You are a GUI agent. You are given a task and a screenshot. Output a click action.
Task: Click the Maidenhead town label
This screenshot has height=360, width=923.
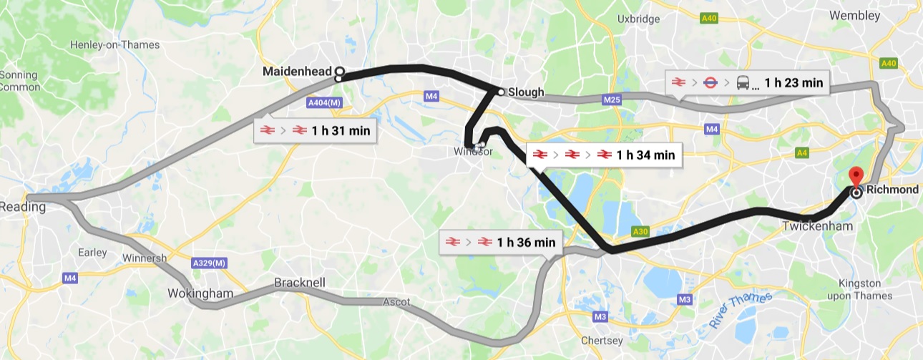(297, 72)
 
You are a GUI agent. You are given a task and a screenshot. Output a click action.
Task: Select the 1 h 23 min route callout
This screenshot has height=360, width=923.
(747, 82)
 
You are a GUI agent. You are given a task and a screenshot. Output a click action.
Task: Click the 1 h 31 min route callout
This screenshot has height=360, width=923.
(315, 130)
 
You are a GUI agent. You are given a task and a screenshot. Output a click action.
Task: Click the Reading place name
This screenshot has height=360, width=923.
(22, 207)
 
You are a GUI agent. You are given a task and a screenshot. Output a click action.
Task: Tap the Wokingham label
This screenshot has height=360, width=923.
(190, 293)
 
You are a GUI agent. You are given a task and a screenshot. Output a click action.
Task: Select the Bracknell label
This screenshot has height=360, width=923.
(300, 283)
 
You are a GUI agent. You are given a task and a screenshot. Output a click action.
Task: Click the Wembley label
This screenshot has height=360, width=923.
(854, 15)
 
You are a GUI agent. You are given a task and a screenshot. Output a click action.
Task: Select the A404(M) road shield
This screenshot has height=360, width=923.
(325, 103)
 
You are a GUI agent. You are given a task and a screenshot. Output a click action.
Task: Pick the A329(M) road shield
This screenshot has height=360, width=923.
(210, 263)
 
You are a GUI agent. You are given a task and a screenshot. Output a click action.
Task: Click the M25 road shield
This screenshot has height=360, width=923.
(611, 100)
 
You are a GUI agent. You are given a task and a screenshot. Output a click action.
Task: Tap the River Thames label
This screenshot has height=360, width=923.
(742, 310)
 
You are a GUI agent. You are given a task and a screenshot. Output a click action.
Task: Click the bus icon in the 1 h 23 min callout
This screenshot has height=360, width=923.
(743, 83)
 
